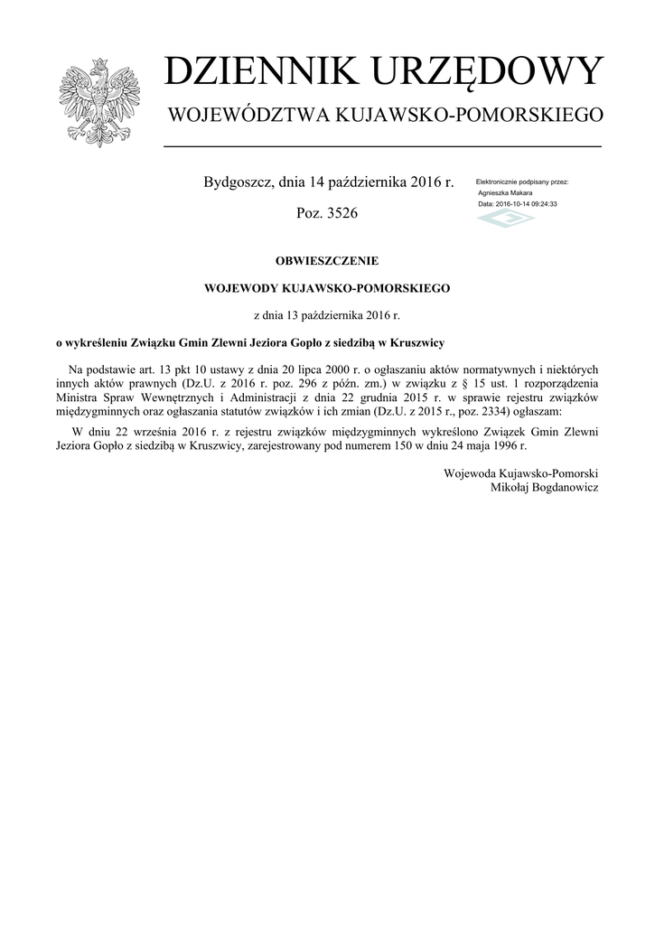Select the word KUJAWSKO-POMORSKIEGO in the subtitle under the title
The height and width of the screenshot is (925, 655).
pyautogui.click(x=469, y=116)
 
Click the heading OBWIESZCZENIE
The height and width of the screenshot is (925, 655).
pyautogui.click(x=326, y=261)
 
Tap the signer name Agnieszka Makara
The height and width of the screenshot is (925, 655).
pyautogui.click(x=505, y=193)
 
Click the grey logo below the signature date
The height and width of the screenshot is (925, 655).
pyautogui.click(x=504, y=220)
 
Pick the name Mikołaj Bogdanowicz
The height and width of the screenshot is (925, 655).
pyautogui.click(x=544, y=488)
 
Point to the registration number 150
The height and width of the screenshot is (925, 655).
pyautogui.click(x=399, y=446)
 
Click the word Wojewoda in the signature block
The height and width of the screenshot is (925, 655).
pyautogui.click(x=470, y=473)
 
